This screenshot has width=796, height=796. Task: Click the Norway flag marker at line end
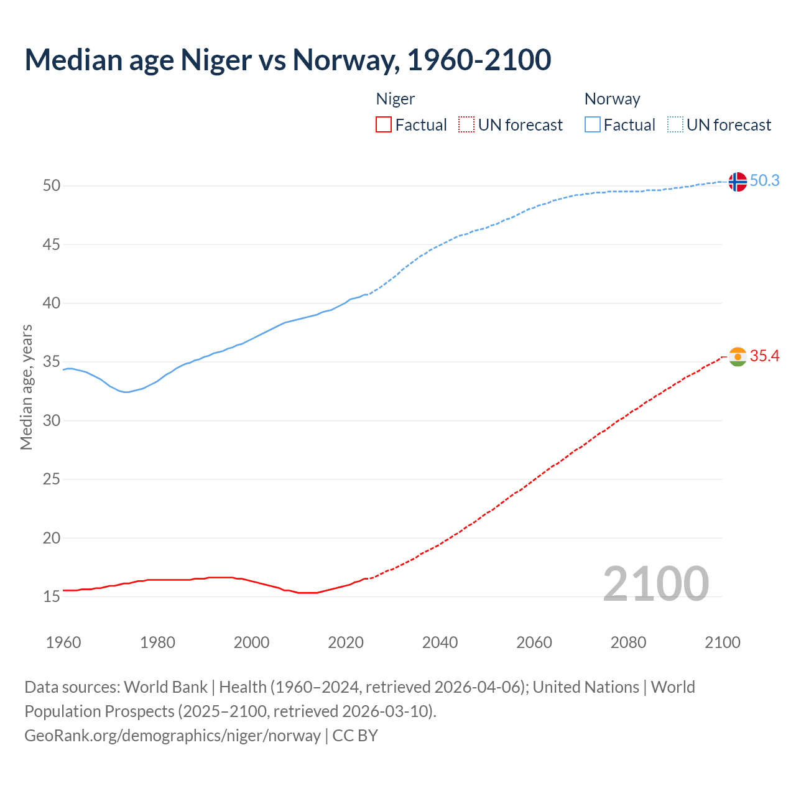737,182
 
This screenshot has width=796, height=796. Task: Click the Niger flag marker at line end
737,357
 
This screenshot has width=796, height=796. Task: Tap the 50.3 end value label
764,180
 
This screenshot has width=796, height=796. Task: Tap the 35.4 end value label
764,356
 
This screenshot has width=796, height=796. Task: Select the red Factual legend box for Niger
384,125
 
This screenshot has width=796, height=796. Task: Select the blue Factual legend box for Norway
593,125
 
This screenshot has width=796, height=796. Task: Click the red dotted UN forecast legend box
466,125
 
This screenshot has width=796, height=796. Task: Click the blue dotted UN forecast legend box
675,125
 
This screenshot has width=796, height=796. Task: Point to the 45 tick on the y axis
52,245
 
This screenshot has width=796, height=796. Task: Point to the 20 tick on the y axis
52,538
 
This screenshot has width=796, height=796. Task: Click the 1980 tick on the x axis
157,642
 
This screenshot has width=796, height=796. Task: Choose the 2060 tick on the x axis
534,642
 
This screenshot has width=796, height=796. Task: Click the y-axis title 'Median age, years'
26,387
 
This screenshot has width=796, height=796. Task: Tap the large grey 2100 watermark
655,583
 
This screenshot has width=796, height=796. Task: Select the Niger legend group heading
396,99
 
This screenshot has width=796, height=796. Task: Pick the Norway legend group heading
612,99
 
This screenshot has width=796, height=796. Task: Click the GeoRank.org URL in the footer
172,736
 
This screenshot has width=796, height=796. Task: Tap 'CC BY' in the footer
355,736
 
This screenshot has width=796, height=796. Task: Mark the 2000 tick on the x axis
252,642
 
